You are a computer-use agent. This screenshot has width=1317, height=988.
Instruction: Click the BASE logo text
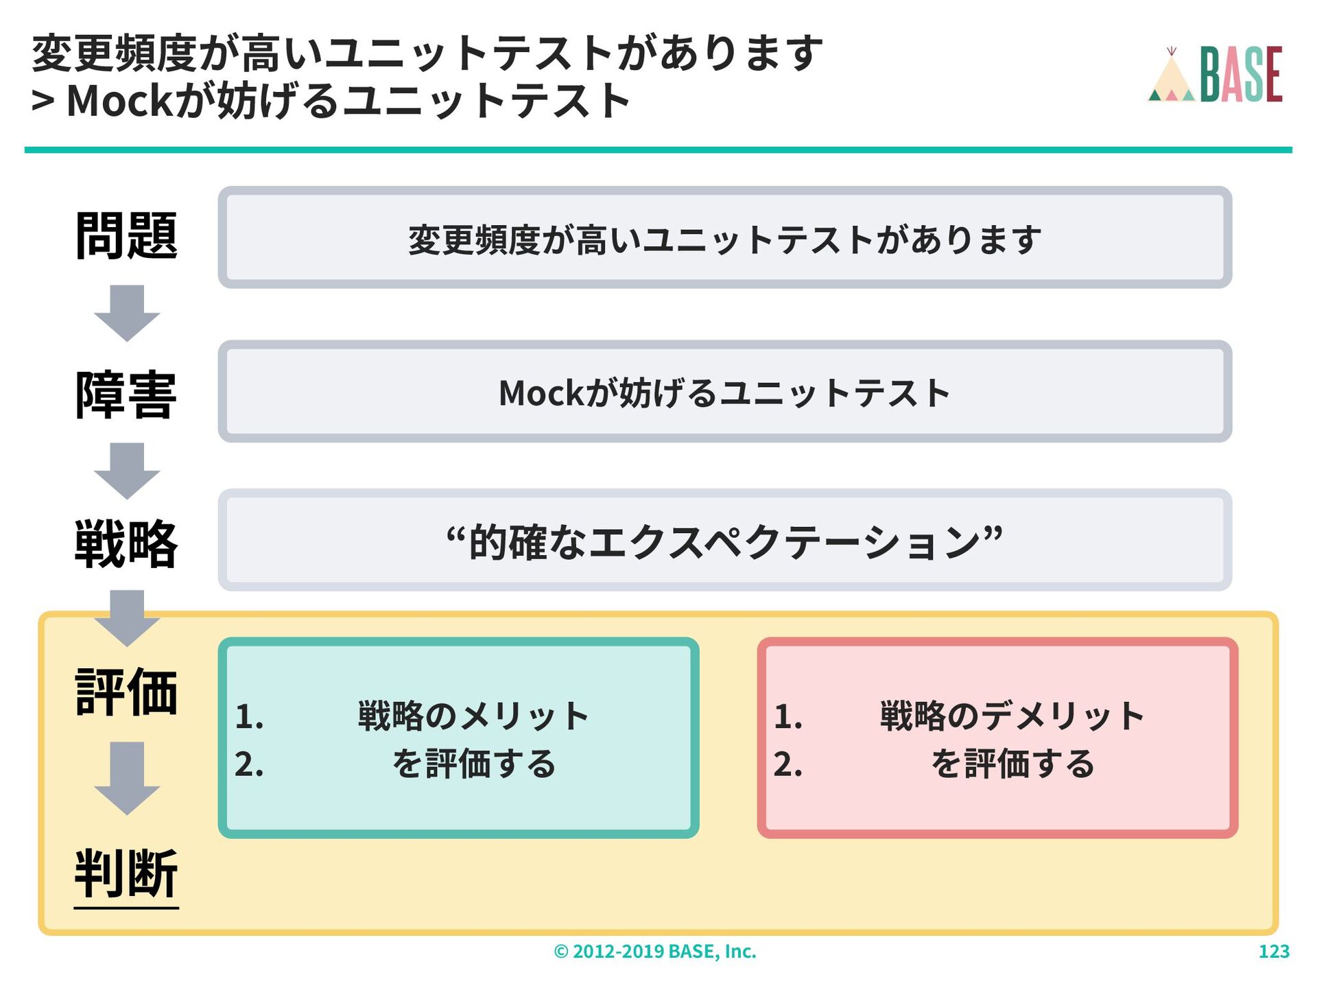[x=1241, y=74]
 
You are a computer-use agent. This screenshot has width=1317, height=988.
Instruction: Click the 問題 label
[x=126, y=235]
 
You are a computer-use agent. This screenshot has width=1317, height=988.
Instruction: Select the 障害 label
[x=126, y=395]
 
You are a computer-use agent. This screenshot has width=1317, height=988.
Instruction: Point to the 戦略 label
[x=126, y=544]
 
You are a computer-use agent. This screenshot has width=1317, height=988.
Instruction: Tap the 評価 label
[x=126, y=692]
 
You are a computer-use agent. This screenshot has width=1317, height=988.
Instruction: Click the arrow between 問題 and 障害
[x=127, y=312]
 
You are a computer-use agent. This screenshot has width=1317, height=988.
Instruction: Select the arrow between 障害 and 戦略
[x=127, y=470]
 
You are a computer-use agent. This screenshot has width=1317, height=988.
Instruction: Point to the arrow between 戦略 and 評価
[x=127, y=617]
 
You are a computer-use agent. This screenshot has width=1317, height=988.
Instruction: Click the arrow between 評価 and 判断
[x=127, y=777]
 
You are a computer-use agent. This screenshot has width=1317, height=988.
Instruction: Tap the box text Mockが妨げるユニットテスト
[x=724, y=393]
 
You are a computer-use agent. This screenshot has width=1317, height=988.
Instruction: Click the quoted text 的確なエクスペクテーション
[x=724, y=542]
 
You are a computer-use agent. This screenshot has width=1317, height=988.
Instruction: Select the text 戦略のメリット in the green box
[x=473, y=716]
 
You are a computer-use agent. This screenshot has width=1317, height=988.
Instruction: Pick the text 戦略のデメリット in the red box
[x=1012, y=716]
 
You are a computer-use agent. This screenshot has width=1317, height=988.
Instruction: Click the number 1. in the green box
[x=249, y=718]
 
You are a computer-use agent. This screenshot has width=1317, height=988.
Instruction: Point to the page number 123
[x=1274, y=952]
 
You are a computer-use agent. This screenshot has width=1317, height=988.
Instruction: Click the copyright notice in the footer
[x=655, y=952]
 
